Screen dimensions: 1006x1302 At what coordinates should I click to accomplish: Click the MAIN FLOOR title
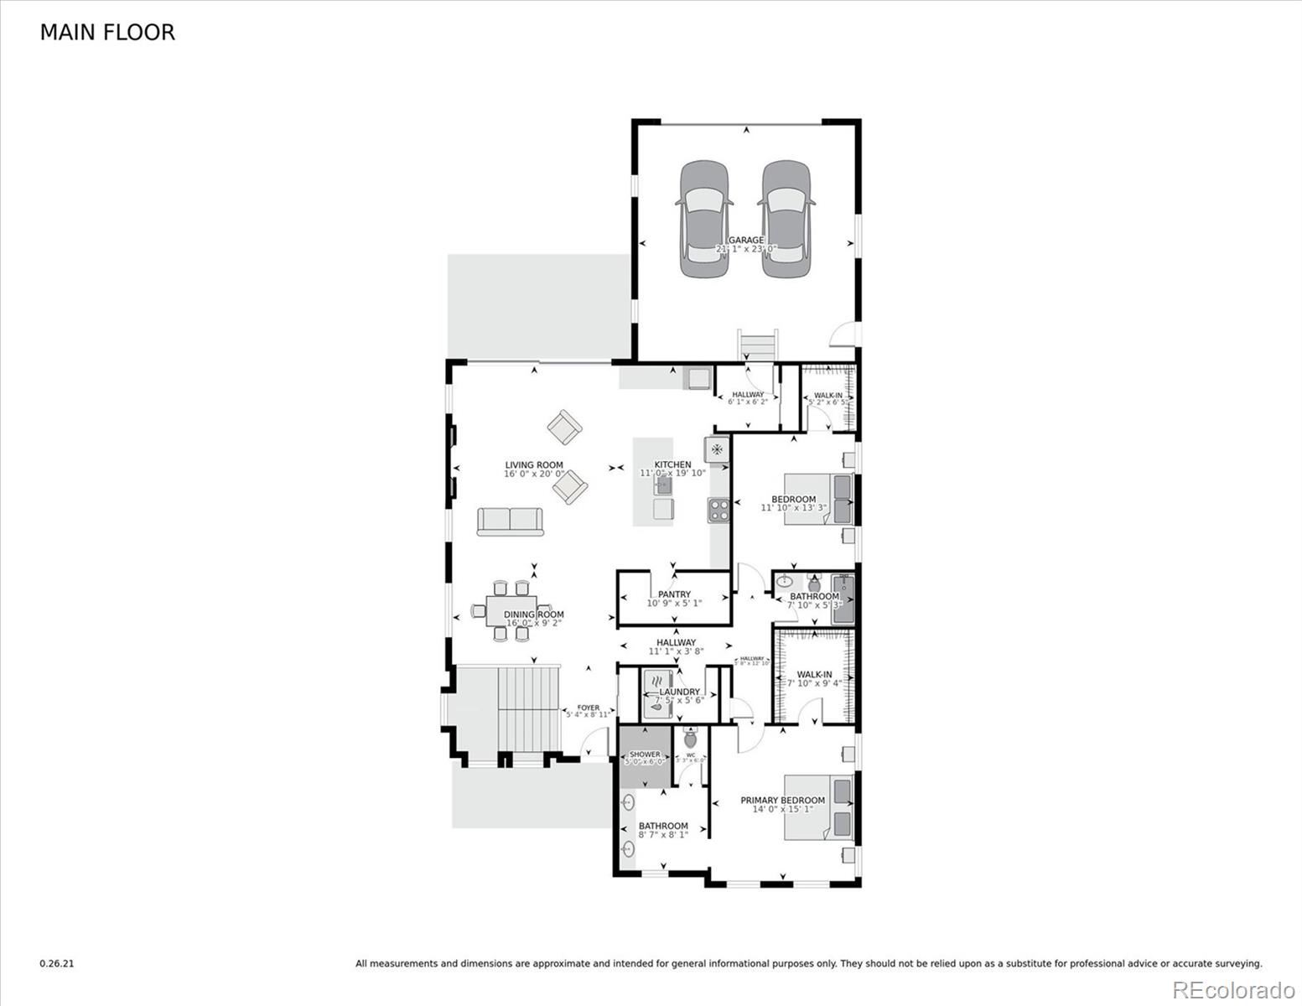(107, 33)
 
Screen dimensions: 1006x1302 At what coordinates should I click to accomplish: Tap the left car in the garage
(703, 220)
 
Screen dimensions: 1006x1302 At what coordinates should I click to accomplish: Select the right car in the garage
(786, 220)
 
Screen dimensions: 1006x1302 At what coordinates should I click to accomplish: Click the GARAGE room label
(746, 241)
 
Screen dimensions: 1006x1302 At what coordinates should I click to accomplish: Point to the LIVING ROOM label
(534, 465)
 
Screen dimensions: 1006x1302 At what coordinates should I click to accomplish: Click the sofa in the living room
(510, 521)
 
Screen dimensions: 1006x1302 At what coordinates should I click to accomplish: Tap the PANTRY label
(674, 594)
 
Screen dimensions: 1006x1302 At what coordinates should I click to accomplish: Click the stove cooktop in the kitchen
(718, 510)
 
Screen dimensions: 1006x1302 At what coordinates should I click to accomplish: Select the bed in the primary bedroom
(818, 809)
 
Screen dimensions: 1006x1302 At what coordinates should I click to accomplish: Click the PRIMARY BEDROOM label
(782, 801)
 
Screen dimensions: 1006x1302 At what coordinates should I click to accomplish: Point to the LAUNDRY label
(679, 692)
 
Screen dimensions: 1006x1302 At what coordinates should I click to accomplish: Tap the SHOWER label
(645, 754)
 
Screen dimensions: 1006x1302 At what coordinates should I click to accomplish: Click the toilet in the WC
(691, 739)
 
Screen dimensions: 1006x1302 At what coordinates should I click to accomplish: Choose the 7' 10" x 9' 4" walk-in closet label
(814, 675)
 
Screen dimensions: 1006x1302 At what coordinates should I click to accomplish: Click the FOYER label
(589, 708)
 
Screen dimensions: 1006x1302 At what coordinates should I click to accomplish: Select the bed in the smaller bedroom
(818, 499)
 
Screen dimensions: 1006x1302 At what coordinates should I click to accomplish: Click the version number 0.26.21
(57, 964)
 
